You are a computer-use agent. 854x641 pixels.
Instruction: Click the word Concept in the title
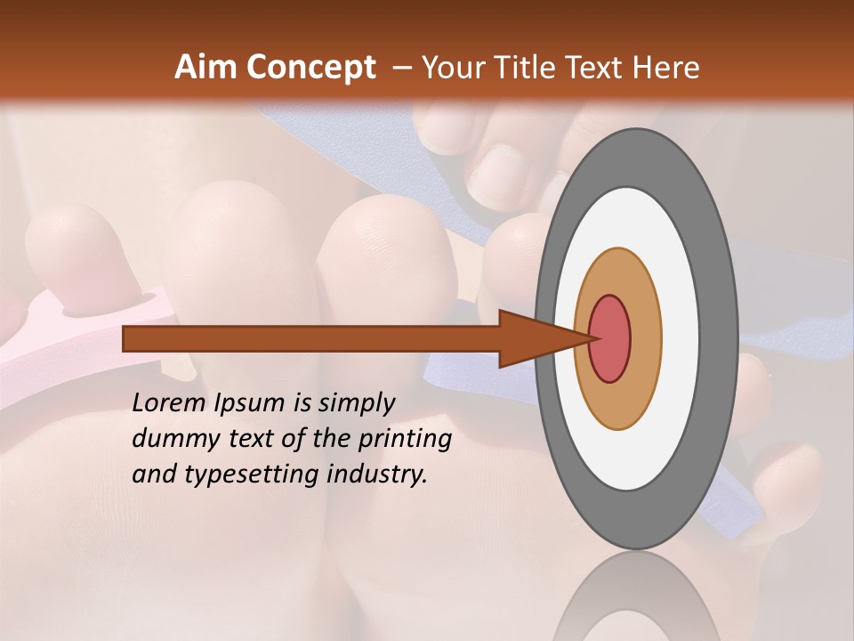[310, 68]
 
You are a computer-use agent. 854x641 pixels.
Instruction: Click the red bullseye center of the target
[610, 338]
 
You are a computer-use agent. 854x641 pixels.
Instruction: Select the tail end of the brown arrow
[125, 338]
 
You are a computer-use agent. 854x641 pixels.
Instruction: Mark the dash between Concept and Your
[401, 68]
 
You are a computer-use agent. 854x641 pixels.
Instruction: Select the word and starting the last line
[152, 475]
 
